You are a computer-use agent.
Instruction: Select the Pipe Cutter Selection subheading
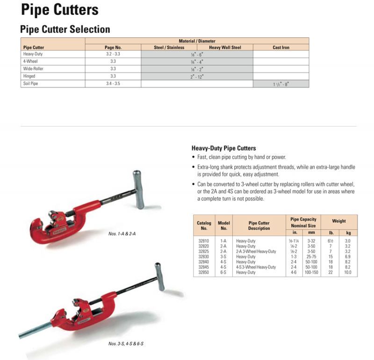point(65,29)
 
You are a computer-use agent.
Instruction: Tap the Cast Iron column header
point(280,48)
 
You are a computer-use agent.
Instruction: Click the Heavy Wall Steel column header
point(225,48)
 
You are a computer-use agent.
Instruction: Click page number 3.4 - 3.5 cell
point(113,84)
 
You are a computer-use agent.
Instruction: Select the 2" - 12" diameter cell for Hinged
point(197,76)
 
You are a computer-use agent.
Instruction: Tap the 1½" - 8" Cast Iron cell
point(280,84)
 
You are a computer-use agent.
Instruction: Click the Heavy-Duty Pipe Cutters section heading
point(223,148)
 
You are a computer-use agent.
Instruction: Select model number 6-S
point(223,272)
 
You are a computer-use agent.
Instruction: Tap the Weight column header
point(339,221)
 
